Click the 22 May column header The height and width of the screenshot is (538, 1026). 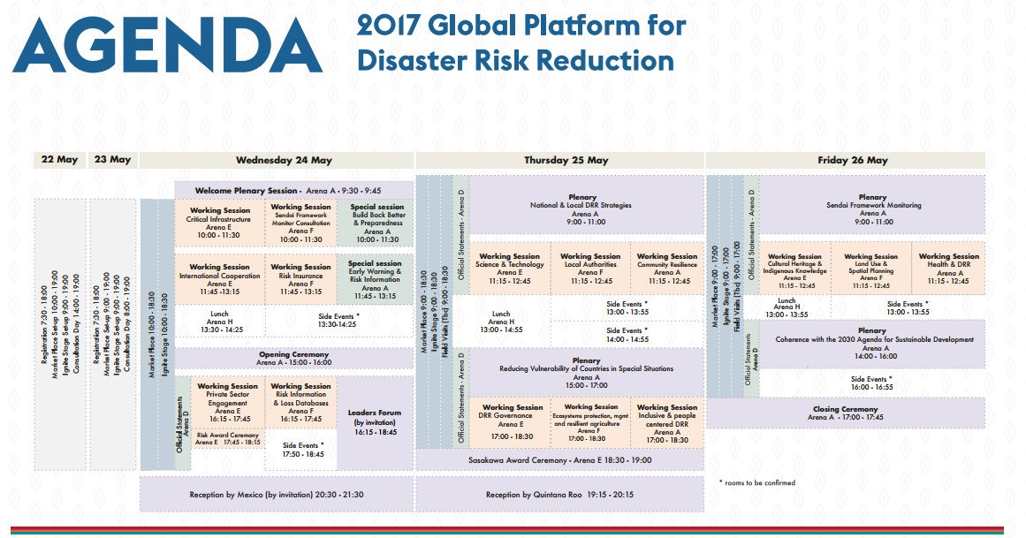coord(59,160)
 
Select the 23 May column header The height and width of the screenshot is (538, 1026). coord(112,160)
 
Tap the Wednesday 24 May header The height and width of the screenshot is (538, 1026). coord(283,160)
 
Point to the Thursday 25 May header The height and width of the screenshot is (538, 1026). coord(566,160)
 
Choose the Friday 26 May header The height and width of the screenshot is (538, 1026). coord(852,160)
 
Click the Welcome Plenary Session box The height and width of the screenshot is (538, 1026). coord(293,190)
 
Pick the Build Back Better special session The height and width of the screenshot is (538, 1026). coord(375,223)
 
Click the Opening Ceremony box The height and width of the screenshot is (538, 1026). coord(293,358)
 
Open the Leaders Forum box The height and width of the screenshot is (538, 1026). coord(375,422)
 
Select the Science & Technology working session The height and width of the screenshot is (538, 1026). coord(509,269)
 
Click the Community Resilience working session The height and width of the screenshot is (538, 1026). coord(666,269)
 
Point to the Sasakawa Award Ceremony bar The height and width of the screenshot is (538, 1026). coord(559,459)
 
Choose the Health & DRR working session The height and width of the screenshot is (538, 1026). coord(948,269)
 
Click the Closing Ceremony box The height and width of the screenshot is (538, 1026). coord(845,413)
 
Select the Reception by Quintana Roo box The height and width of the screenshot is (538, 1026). coord(559,495)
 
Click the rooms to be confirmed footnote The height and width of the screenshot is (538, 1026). coord(757,482)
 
